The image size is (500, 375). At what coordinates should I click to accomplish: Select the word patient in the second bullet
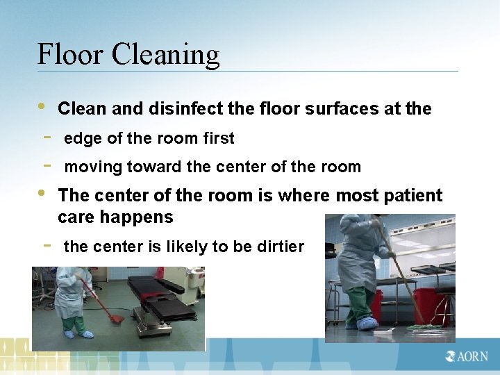point(410,196)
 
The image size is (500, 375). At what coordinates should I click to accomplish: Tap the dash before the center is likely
point(46,244)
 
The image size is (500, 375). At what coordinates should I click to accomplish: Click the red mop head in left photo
point(117,319)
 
